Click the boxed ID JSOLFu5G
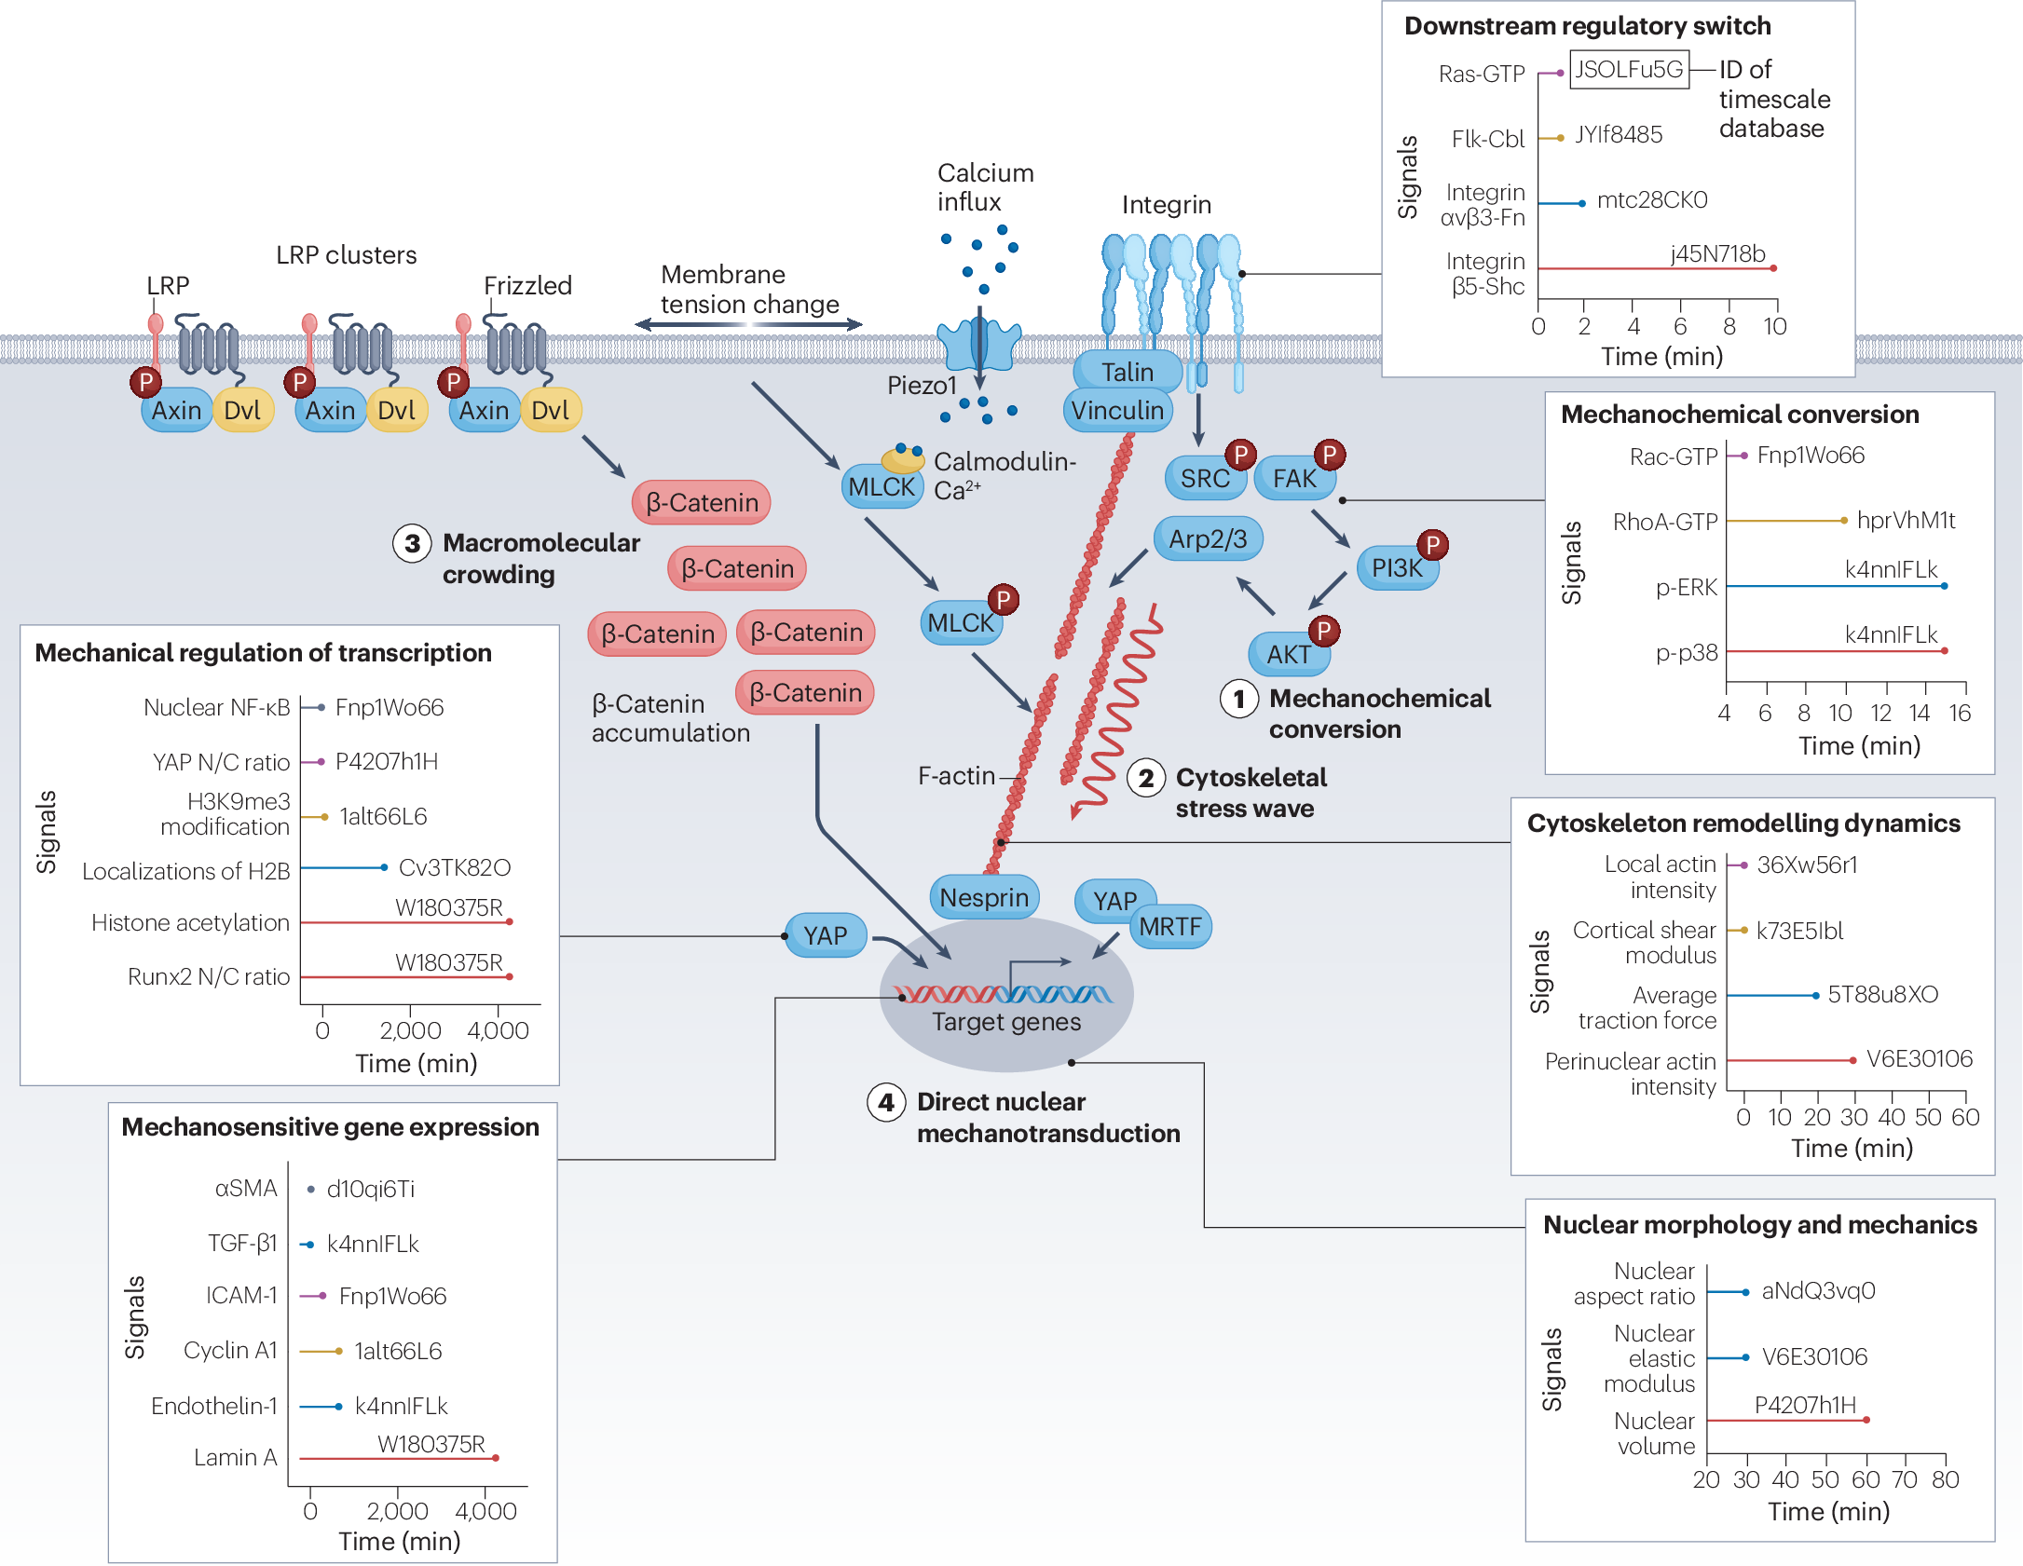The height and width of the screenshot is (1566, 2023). coord(1628,70)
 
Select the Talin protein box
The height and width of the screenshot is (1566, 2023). coord(1127,372)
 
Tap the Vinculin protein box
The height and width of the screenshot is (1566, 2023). coord(1116,411)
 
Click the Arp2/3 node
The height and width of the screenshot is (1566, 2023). coord(1208,538)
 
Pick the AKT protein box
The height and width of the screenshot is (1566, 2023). coord(1288,654)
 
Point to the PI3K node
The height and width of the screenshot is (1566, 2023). coord(1396,568)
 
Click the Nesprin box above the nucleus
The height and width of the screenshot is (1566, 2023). coord(983,897)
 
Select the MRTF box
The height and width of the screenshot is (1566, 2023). coord(1170,927)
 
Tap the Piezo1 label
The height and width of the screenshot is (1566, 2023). coord(921,386)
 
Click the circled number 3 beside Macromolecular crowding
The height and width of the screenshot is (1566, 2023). coord(412,543)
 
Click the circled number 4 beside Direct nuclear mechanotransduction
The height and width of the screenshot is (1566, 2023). coord(885,1102)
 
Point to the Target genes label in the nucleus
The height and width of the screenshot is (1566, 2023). coord(1006,1022)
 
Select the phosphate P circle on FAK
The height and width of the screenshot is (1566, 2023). coord(1330,455)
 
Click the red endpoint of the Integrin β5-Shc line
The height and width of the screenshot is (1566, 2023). coord(1773,268)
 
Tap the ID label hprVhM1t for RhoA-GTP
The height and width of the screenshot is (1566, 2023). coord(1906,520)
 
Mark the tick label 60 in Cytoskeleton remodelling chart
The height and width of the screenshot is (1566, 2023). coord(1965,1117)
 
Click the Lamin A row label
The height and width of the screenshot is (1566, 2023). coord(235,1457)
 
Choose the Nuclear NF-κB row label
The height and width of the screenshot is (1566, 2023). coord(216,708)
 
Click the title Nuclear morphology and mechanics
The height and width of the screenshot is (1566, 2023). coord(1759,1224)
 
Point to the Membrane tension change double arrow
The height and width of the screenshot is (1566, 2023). coord(748,325)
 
